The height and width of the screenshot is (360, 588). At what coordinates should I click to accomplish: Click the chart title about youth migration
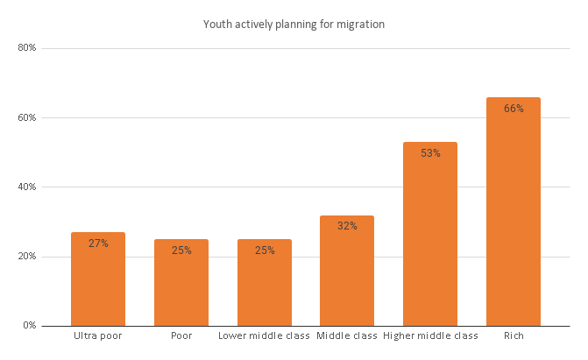click(x=294, y=24)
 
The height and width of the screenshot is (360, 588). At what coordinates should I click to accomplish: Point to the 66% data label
click(x=514, y=109)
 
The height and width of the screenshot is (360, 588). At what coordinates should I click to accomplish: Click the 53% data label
click(x=430, y=153)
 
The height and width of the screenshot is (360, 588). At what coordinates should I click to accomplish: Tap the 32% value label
click(x=347, y=226)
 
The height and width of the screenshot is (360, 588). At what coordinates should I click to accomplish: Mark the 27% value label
click(x=98, y=244)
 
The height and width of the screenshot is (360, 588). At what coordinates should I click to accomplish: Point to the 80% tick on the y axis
click(x=27, y=48)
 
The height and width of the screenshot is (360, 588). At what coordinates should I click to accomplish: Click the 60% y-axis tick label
click(x=27, y=117)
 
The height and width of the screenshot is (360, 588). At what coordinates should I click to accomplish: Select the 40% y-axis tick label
click(x=27, y=187)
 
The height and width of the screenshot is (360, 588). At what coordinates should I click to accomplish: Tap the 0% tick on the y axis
click(x=30, y=326)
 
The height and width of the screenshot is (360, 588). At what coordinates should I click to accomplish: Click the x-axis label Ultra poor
click(x=98, y=336)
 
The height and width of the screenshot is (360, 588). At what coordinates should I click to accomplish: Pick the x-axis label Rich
click(x=514, y=336)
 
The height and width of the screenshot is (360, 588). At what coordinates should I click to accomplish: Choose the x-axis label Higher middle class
click(x=430, y=336)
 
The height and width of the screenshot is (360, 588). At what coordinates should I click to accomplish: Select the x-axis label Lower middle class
click(x=264, y=336)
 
